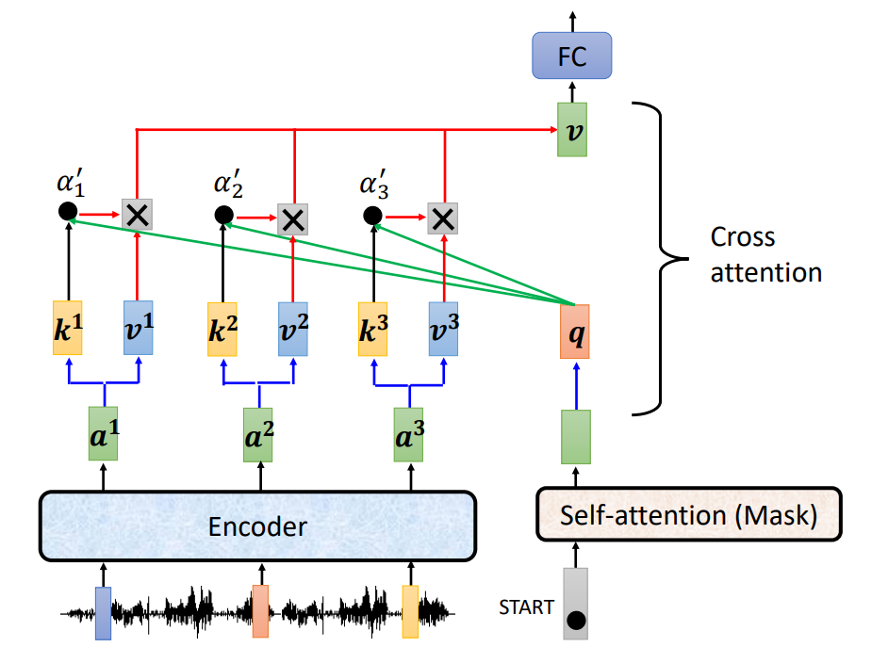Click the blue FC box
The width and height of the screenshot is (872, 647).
571,56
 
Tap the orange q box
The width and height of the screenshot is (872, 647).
573,332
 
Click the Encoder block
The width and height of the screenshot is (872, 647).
256,525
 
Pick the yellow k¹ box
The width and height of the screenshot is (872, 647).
68,328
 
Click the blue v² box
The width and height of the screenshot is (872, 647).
293,328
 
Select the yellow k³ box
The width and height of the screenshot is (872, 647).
372,328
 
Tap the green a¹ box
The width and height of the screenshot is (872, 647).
103,434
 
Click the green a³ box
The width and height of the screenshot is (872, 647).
409,434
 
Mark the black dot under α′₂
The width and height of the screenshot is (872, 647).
222,216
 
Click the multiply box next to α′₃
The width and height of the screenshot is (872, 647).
441,218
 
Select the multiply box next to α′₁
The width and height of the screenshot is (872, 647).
137,215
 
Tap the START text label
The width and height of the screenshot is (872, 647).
526,607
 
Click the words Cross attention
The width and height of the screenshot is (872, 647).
765,254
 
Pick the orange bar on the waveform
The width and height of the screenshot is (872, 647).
260,611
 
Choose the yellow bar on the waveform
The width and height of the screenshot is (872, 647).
409,611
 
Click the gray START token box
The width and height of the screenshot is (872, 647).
574,604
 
